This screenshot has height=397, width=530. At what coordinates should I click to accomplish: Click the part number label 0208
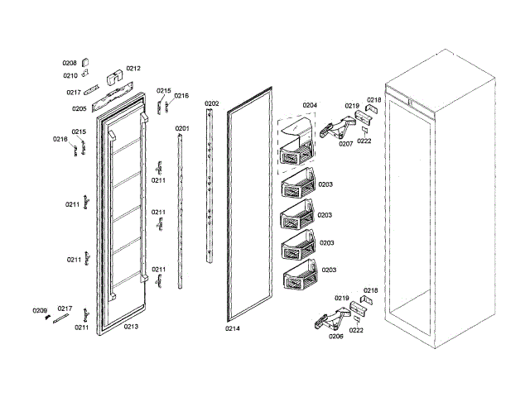pos(70,63)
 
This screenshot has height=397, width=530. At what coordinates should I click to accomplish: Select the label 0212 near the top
pos(133,69)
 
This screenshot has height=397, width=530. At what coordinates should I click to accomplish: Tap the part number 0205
pos(79,108)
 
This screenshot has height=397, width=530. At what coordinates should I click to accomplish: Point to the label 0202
pos(212,104)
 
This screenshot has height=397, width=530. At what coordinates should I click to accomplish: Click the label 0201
pos(182,128)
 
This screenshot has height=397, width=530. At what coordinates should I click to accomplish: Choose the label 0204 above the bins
pos(310,106)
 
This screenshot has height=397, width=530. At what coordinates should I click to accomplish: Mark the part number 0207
pos(345,143)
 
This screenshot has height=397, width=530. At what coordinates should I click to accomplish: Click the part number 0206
pos(335,337)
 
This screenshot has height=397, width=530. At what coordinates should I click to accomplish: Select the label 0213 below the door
pos(131,327)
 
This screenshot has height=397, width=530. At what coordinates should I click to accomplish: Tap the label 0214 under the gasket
pos(233,328)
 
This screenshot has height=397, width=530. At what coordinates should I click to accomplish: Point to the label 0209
pos(40,310)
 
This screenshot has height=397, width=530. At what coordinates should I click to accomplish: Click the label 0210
pos(70,75)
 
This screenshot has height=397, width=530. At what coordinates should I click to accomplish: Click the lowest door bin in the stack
pos(300,278)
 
